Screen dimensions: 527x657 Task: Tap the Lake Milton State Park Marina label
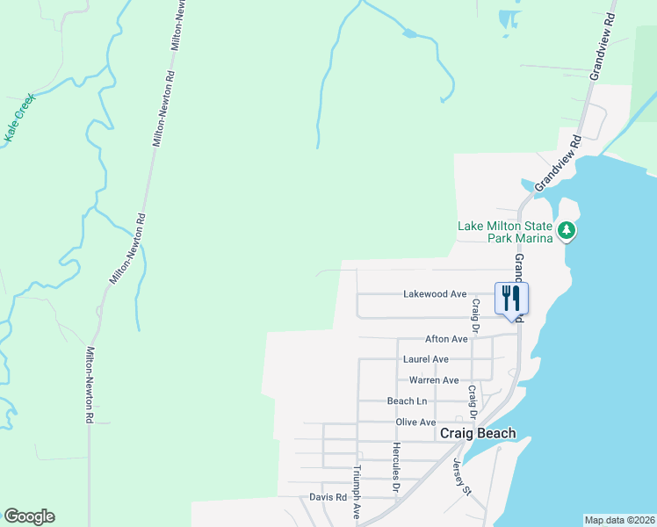[x=505, y=231]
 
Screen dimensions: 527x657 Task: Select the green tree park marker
[x=567, y=230]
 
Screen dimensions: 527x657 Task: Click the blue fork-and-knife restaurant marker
[x=511, y=297]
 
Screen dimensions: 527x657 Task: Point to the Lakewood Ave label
[x=434, y=294]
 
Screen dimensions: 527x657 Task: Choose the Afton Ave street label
[x=446, y=339]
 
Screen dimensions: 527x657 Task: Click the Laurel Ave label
[x=425, y=359]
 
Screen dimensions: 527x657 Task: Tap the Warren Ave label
[x=434, y=380]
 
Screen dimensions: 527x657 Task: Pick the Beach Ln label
[x=407, y=401]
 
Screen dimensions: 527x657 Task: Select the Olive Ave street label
[x=415, y=422]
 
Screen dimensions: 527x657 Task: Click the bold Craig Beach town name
[x=477, y=434]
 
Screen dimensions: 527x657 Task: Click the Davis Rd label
[x=322, y=497]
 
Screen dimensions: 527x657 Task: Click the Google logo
[x=29, y=516]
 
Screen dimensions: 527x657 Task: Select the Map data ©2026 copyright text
[x=618, y=520]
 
